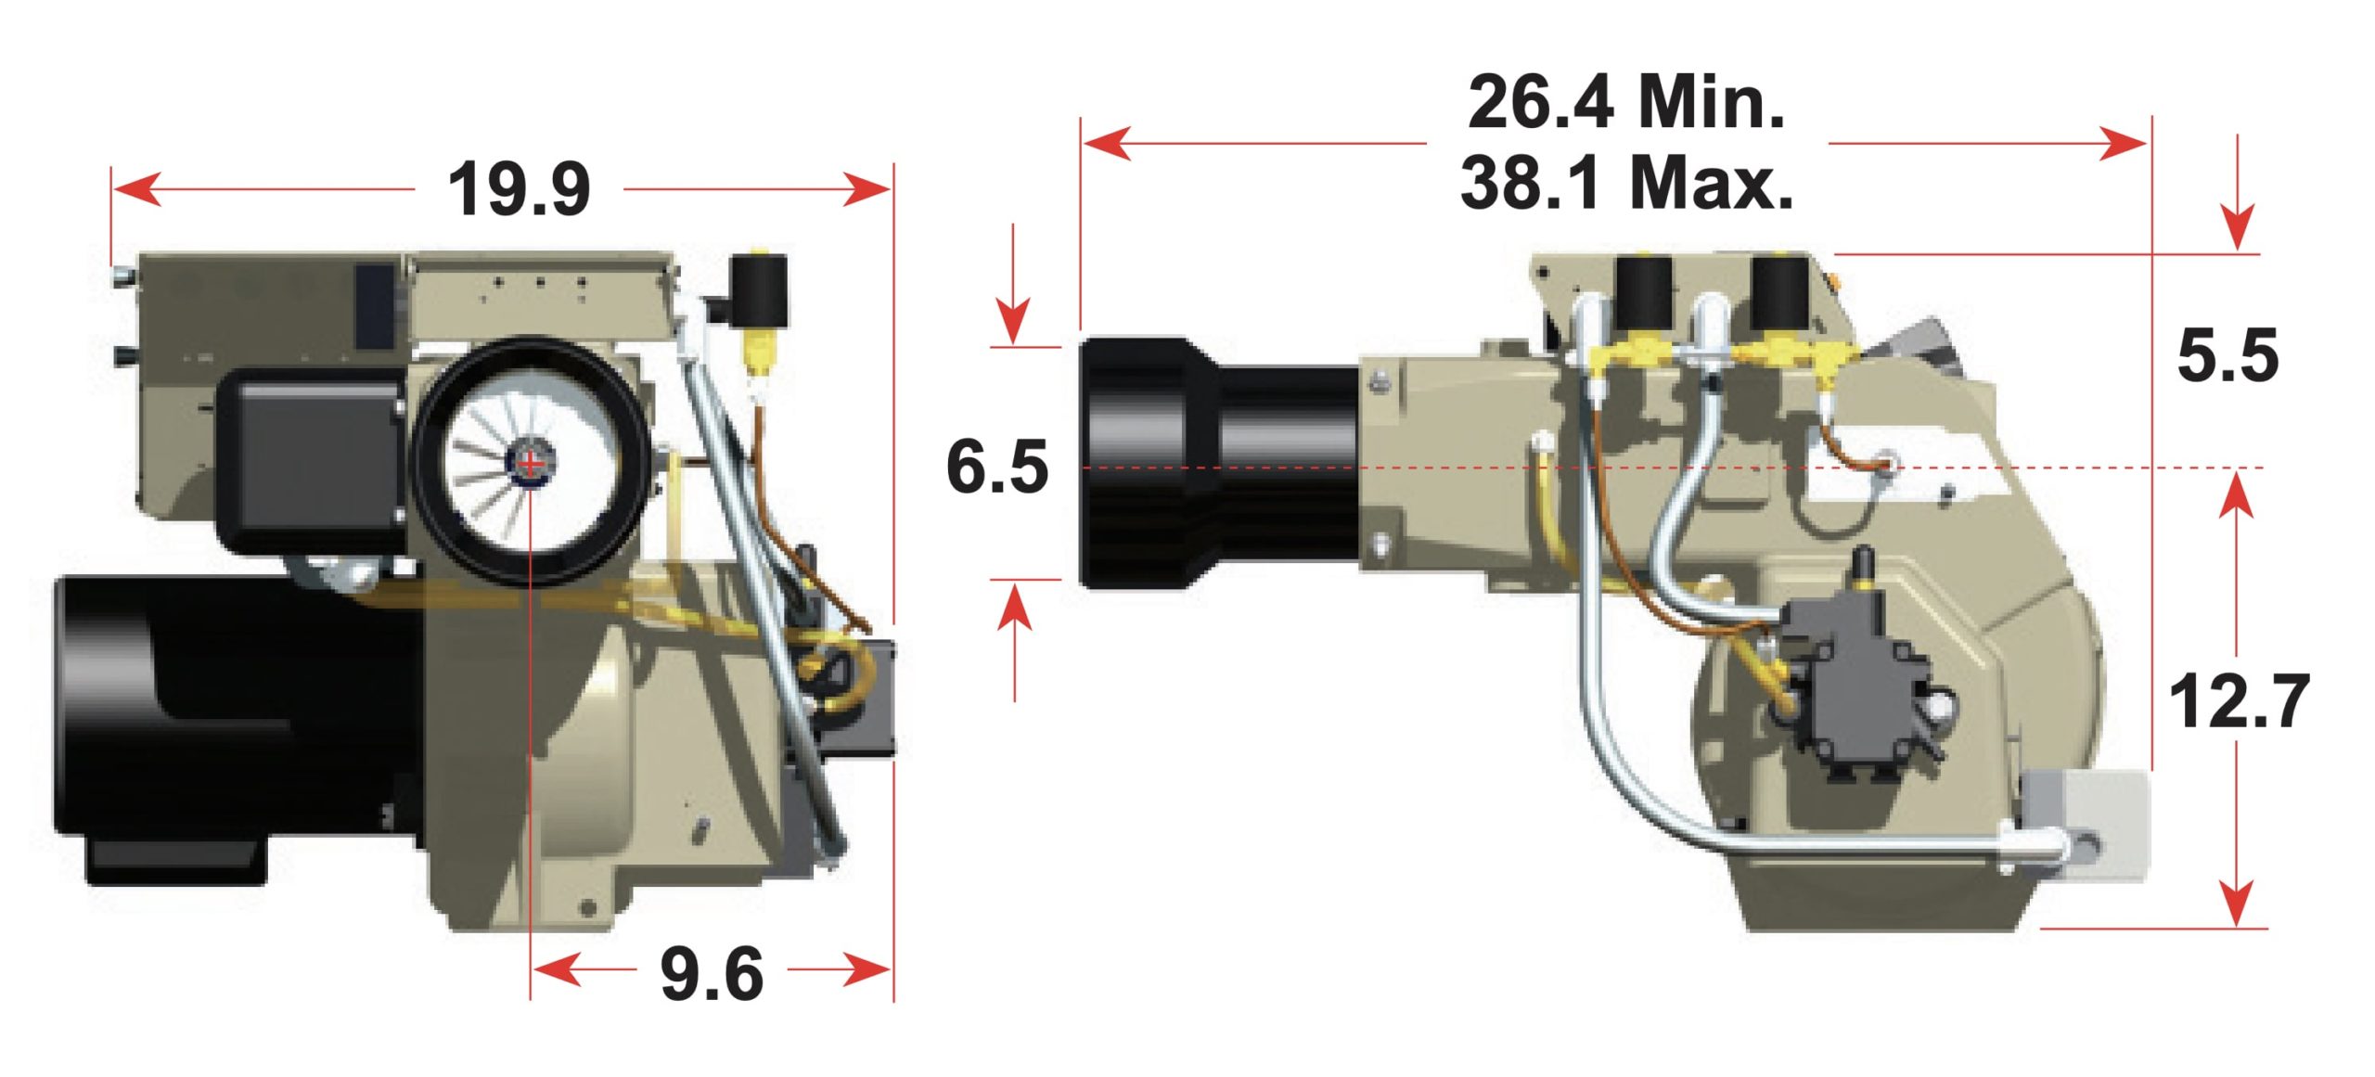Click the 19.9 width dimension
pyautogui.click(x=519, y=190)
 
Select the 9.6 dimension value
pyautogui.click(x=712, y=974)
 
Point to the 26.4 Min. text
pyautogui.click(x=1625, y=102)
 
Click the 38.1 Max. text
pyautogui.click(x=1625, y=183)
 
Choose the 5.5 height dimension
pyautogui.click(x=2227, y=356)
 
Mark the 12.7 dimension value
pyautogui.click(x=2238, y=702)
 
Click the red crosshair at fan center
pyautogui.click(x=529, y=463)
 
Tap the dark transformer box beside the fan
pyautogui.click(x=311, y=461)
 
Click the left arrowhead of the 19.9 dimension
pyautogui.click(x=135, y=190)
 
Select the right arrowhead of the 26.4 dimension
pyautogui.click(x=2125, y=144)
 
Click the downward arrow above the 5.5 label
pyautogui.click(x=2238, y=227)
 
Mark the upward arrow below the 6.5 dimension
pyautogui.click(x=1016, y=608)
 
